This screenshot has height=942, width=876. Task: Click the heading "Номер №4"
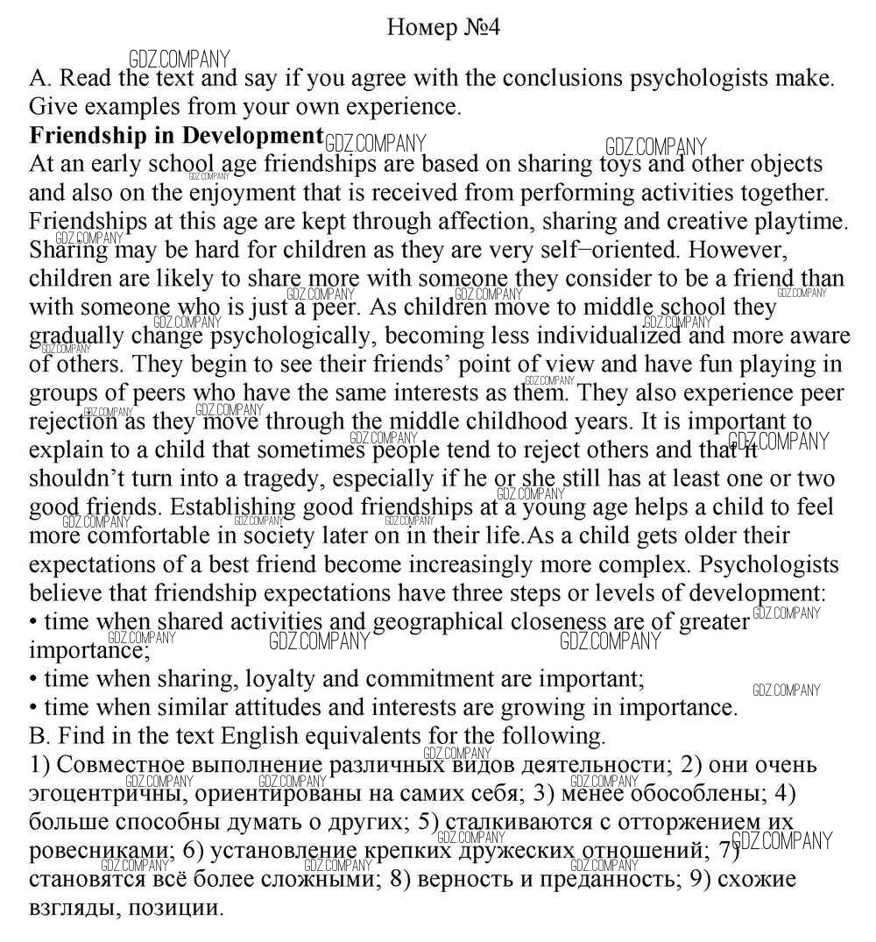[443, 27]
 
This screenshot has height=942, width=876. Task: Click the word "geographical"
[443, 622]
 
